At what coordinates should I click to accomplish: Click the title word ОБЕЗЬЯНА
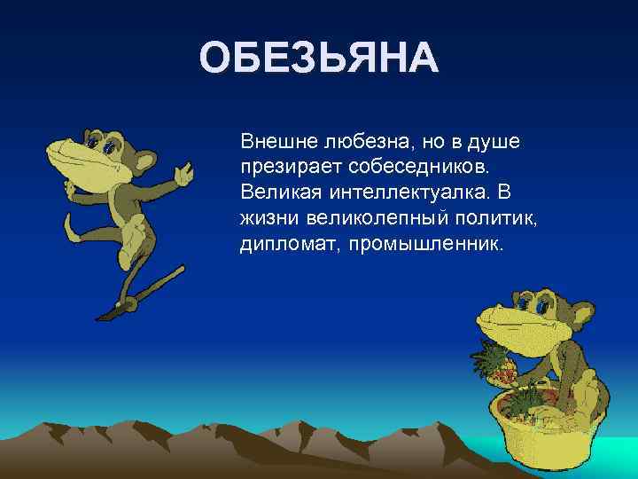[x=319, y=59]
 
